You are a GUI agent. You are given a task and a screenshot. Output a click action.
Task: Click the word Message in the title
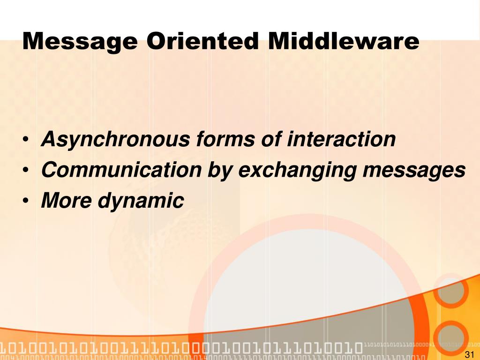click(x=80, y=41)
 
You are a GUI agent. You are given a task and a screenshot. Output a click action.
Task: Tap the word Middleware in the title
click(x=344, y=41)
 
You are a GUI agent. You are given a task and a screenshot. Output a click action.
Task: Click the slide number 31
click(x=469, y=354)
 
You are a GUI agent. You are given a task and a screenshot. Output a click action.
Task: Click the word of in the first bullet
click(x=271, y=140)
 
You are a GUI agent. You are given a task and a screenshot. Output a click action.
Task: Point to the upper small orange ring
click(x=450, y=291)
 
